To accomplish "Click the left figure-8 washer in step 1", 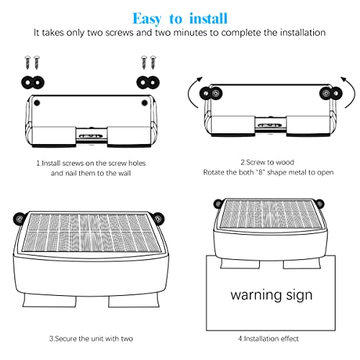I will [x=32, y=78].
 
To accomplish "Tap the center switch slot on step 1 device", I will [x=90, y=134].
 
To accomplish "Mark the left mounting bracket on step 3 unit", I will [x=17, y=217].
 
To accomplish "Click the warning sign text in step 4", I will [x=271, y=294].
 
